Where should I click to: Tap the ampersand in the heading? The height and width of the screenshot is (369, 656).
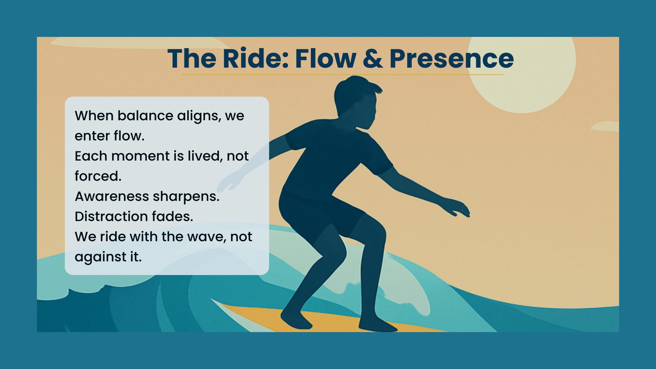(x=373, y=58)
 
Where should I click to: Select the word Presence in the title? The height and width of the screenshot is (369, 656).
(x=451, y=58)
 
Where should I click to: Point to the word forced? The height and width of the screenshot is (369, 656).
(x=98, y=176)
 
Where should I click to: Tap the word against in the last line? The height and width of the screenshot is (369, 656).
(x=100, y=257)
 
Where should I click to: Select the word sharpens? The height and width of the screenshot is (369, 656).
(x=186, y=196)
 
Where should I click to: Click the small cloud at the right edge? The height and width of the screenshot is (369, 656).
(x=605, y=126)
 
